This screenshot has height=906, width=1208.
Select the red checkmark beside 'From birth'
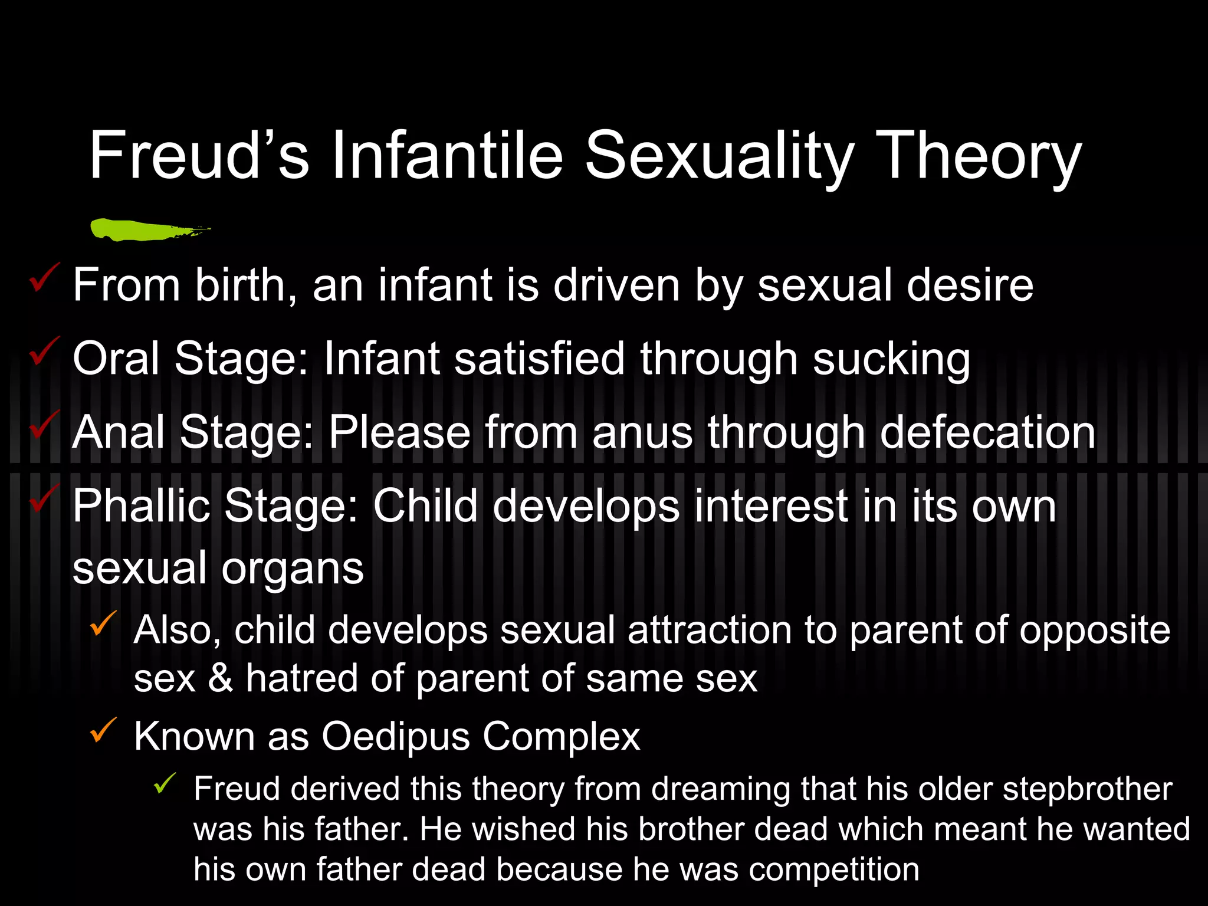click(x=44, y=278)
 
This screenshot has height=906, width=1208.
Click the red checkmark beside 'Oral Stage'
click(x=44, y=351)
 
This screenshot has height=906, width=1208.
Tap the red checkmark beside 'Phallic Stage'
click(x=44, y=498)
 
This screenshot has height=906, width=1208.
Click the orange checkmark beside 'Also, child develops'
click(x=103, y=623)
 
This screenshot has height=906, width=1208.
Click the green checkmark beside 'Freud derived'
click(x=164, y=783)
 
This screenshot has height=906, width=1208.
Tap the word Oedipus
click(x=395, y=737)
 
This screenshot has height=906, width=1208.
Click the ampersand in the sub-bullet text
click(x=220, y=678)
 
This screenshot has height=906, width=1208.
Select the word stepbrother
click(x=1087, y=790)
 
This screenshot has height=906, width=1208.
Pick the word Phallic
click(x=141, y=506)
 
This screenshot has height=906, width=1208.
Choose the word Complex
click(x=561, y=737)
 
